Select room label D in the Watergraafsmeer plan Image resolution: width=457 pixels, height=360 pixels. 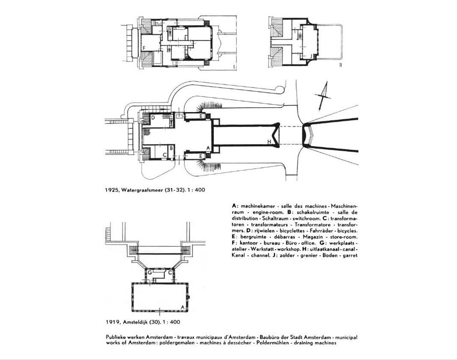(153, 117)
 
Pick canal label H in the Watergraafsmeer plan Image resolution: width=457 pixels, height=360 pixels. (269, 142)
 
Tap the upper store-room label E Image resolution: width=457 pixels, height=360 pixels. (201, 116)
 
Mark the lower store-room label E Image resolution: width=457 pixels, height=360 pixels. (201, 156)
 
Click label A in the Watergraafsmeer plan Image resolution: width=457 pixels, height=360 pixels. (208, 147)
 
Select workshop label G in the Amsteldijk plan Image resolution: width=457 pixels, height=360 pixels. (150, 272)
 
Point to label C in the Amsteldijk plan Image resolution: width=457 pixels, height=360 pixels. (170, 272)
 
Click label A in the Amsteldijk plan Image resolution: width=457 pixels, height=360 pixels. (183, 307)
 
